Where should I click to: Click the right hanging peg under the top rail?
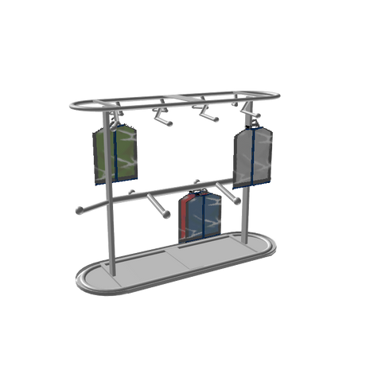click(208, 115)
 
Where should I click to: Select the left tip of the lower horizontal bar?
click(78, 211)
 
